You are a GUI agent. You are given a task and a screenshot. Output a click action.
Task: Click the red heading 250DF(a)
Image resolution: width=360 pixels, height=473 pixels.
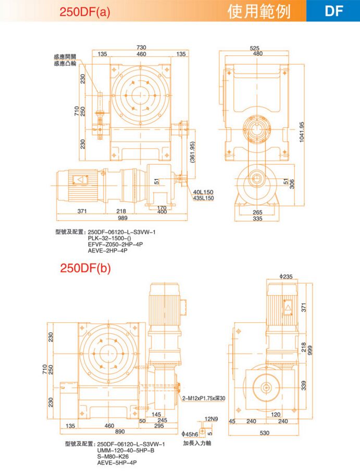click(x=85, y=11)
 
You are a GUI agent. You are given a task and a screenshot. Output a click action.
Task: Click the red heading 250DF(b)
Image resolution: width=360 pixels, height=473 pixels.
click(x=85, y=268)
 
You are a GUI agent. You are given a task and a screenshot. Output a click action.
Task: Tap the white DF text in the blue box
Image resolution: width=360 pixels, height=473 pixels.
click(x=334, y=11)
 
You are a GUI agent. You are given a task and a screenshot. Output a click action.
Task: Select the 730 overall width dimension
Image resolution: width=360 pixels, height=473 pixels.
click(x=141, y=47)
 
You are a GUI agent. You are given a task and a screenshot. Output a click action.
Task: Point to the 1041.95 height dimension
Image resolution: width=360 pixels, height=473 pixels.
click(x=302, y=132)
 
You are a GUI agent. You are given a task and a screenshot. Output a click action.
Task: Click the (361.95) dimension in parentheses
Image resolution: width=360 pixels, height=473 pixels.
click(x=193, y=152)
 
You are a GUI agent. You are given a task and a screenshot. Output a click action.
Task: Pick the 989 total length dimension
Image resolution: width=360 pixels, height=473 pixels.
click(x=122, y=218)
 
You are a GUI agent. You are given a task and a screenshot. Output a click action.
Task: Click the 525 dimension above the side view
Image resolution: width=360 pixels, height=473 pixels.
click(x=255, y=48)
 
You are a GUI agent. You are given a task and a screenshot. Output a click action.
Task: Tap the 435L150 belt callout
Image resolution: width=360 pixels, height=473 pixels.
click(x=203, y=198)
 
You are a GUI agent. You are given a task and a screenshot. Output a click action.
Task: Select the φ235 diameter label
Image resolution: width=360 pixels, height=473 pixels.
click(x=286, y=276)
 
